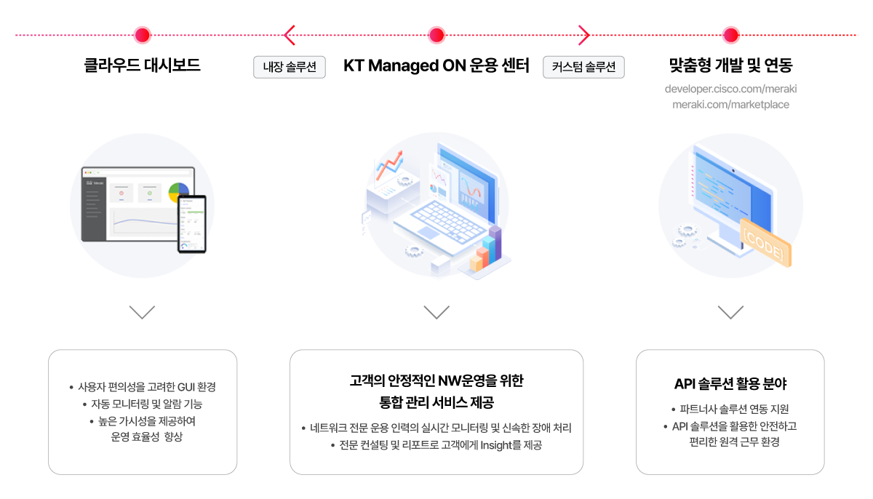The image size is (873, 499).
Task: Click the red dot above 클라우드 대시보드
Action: point(143,35)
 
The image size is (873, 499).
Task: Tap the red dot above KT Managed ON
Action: point(436,35)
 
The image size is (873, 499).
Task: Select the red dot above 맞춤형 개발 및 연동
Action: point(730,35)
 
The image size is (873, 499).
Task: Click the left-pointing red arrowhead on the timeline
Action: point(290,35)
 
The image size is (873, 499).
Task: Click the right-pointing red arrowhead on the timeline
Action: point(583,35)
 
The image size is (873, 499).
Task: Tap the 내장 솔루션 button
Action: point(290,67)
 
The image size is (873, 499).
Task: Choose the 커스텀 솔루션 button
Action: point(583,67)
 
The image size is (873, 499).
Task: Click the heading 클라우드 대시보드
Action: point(143,65)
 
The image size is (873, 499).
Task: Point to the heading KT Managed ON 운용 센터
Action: point(436,65)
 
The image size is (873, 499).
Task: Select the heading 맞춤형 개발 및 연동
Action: point(730,65)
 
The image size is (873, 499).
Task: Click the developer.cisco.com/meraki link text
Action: point(730,89)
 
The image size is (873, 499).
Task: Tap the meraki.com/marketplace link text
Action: point(730,105)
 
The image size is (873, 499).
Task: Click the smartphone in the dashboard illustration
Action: point(192,224)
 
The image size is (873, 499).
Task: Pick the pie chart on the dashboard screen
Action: point(178,191)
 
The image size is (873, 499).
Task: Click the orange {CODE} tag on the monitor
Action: point(765,242)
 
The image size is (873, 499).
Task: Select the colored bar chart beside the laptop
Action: point(486,249)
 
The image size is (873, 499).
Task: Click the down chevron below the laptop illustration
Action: point(436,312)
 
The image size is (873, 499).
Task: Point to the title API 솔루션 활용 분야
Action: point(730,384)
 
